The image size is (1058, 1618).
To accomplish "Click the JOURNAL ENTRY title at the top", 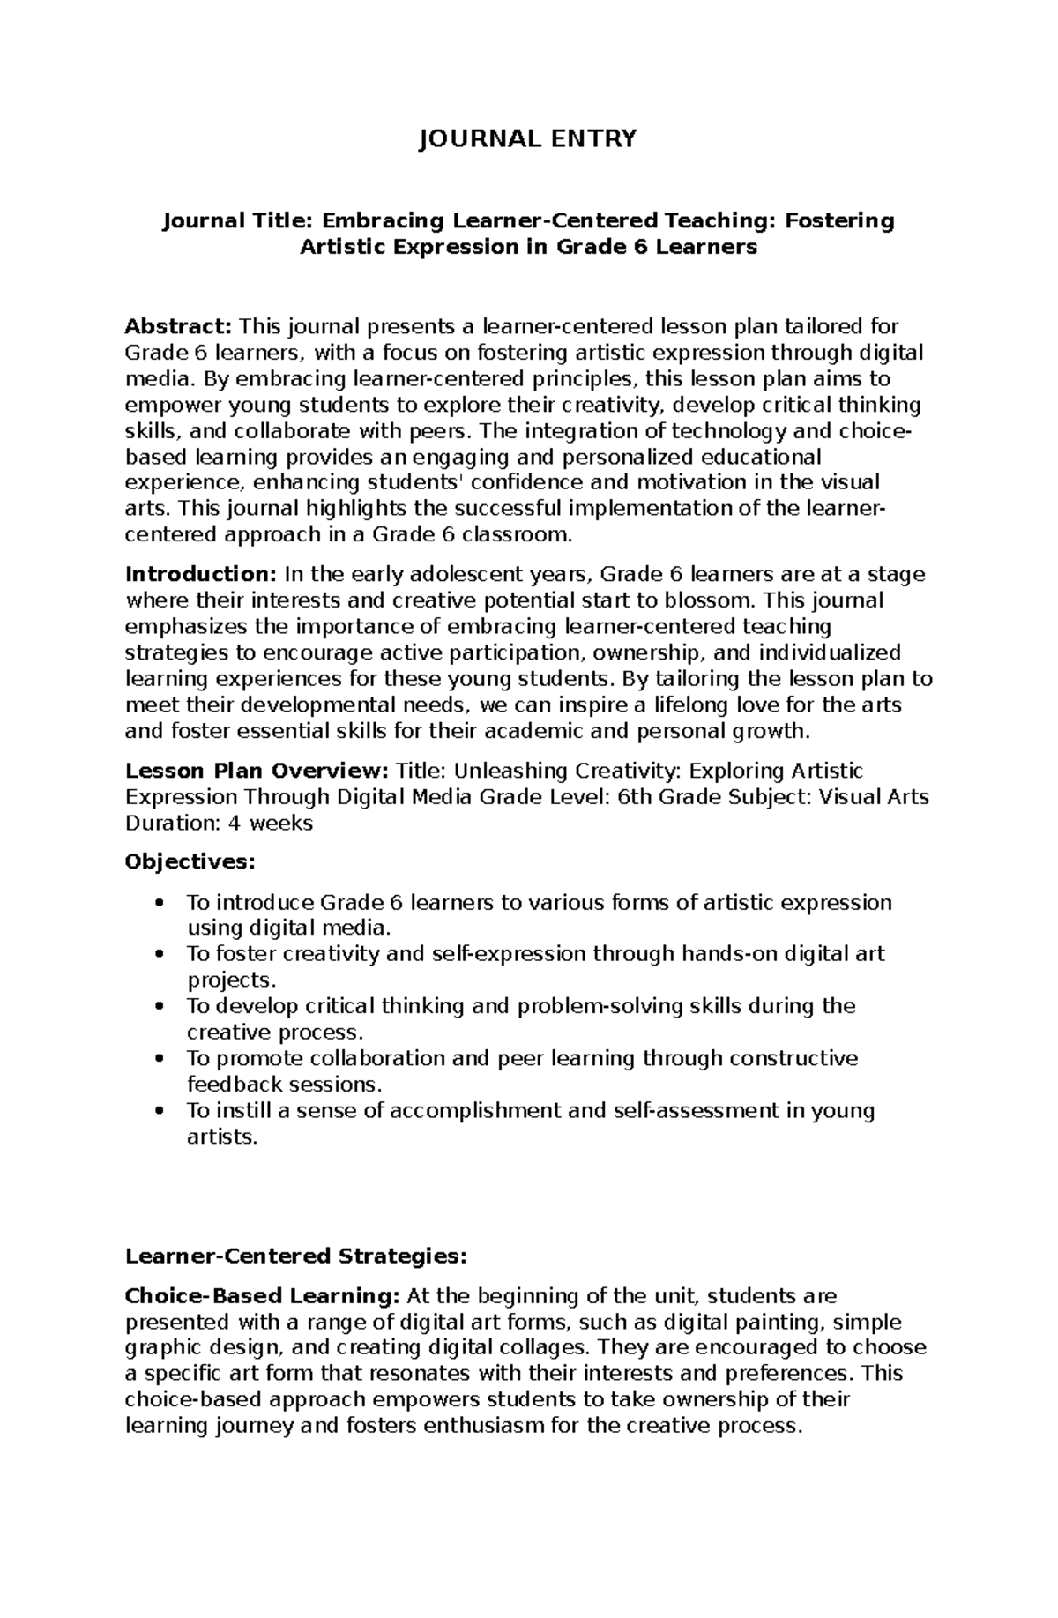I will click(527, 139).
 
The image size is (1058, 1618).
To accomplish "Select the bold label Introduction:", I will click(201, 575).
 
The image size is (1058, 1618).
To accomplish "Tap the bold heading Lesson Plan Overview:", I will click(257, 771).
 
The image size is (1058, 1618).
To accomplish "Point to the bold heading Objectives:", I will click(190, 861).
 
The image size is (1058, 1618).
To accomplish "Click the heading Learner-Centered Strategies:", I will click(295, 1256).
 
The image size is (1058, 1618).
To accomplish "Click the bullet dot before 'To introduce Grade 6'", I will click(159, 903).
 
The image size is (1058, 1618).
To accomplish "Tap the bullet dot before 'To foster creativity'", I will click(159, 954).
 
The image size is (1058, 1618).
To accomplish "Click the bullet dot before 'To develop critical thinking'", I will click(159, 1006).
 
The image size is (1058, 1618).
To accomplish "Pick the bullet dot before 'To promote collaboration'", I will click(159, 1058).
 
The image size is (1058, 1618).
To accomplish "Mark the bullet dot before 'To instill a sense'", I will click(159, 1110).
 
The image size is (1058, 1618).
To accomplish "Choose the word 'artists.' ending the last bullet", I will click(222, 1137).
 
